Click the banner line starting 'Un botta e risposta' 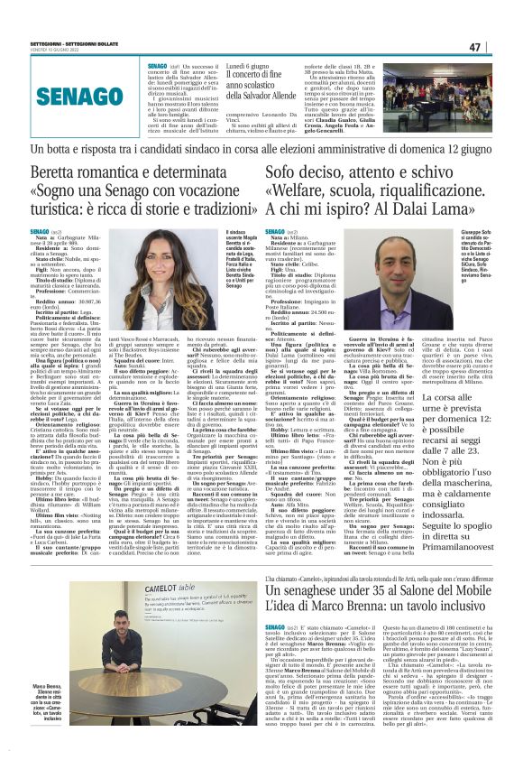(261, 146)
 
